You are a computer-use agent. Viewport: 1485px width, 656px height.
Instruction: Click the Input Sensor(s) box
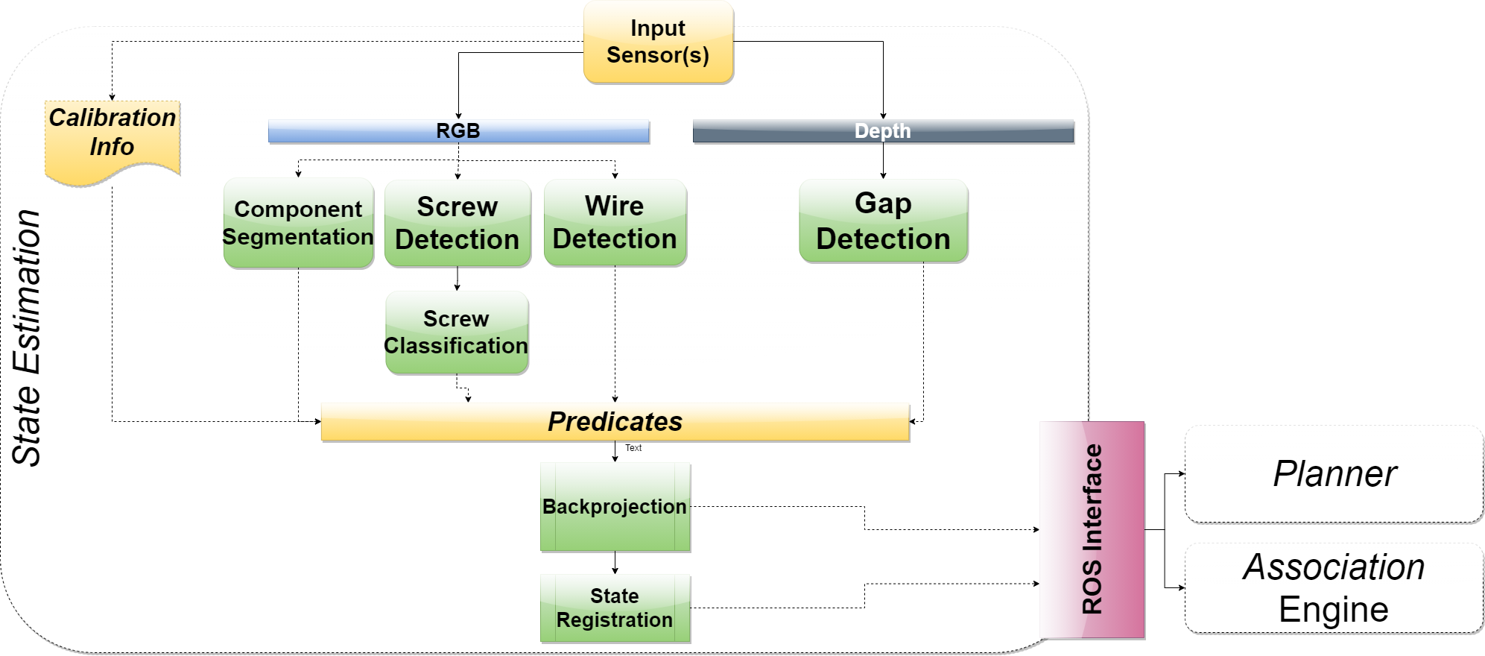[658, 42]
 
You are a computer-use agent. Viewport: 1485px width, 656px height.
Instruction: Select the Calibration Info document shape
[113, 139]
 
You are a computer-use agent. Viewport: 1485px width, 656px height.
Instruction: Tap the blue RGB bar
[458, 131]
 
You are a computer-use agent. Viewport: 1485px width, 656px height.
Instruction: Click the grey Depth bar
[883, 131]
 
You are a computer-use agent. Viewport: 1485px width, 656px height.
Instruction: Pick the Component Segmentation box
[298, 223]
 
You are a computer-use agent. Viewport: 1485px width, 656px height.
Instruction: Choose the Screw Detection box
[457, 223]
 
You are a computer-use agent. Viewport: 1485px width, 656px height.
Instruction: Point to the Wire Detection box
[615, 222]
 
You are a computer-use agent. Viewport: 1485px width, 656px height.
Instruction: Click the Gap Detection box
[883, 221]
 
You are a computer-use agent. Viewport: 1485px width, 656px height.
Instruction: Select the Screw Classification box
[456, 332]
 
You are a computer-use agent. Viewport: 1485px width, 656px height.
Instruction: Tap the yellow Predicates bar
[615, 422]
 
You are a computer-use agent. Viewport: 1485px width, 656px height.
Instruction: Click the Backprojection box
[615, 507]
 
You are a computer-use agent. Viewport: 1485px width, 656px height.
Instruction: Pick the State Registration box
[615, 608]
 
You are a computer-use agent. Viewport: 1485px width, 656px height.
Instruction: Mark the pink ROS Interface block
[1092, 529]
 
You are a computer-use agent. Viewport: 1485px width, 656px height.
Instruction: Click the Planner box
[1334, 473]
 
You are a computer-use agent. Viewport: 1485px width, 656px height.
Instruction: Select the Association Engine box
[1334, 587]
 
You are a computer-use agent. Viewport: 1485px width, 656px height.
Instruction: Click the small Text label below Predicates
[633, 448]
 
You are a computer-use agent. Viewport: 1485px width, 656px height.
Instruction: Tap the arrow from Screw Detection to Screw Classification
[457, 278]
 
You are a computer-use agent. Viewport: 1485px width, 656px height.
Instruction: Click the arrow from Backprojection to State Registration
[615, 563]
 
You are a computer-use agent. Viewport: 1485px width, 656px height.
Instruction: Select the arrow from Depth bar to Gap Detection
[883, 160]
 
